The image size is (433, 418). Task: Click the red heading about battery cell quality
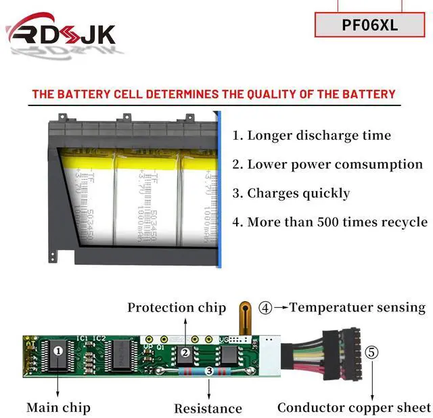click(x=213, y=95)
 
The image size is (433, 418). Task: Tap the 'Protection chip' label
click(x=177, y=308)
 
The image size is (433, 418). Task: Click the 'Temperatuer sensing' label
click(x=358, y=307)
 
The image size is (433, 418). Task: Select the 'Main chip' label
click(x=58, y=407)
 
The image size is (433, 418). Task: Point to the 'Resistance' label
click(x=208, y=408)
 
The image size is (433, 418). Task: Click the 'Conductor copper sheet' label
click(x=354, y=407)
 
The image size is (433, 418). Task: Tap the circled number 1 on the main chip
click(x=58, y=350)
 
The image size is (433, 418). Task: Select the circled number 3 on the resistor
click(x=208, y=371)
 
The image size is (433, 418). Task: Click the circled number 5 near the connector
click(x=371, y=352)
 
